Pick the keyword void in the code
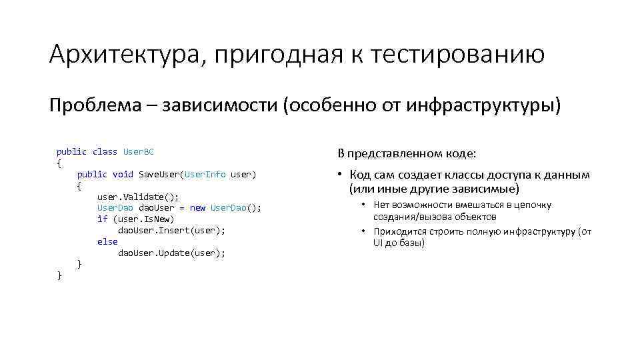click(123, 175)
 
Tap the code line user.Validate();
click(138, 197)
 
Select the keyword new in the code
click(197, 208)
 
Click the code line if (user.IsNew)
click(135, 219)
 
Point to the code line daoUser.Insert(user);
click(171, 231)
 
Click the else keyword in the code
click(107, 242)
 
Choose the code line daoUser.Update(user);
click(171, 253)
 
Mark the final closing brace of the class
click(59, 275)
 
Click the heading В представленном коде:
click(407, 154)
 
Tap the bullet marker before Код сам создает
click(339, 175)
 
